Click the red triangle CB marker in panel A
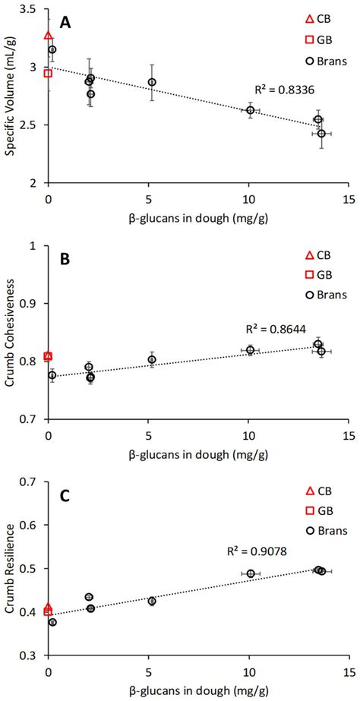pos(49,35)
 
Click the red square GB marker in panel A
pos(49,73)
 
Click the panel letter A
pos(66,24)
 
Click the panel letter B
pos(66,258)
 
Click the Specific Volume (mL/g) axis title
pos(11,96)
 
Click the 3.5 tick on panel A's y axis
pos(31,9)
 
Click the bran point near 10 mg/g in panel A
pos(250,110)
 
